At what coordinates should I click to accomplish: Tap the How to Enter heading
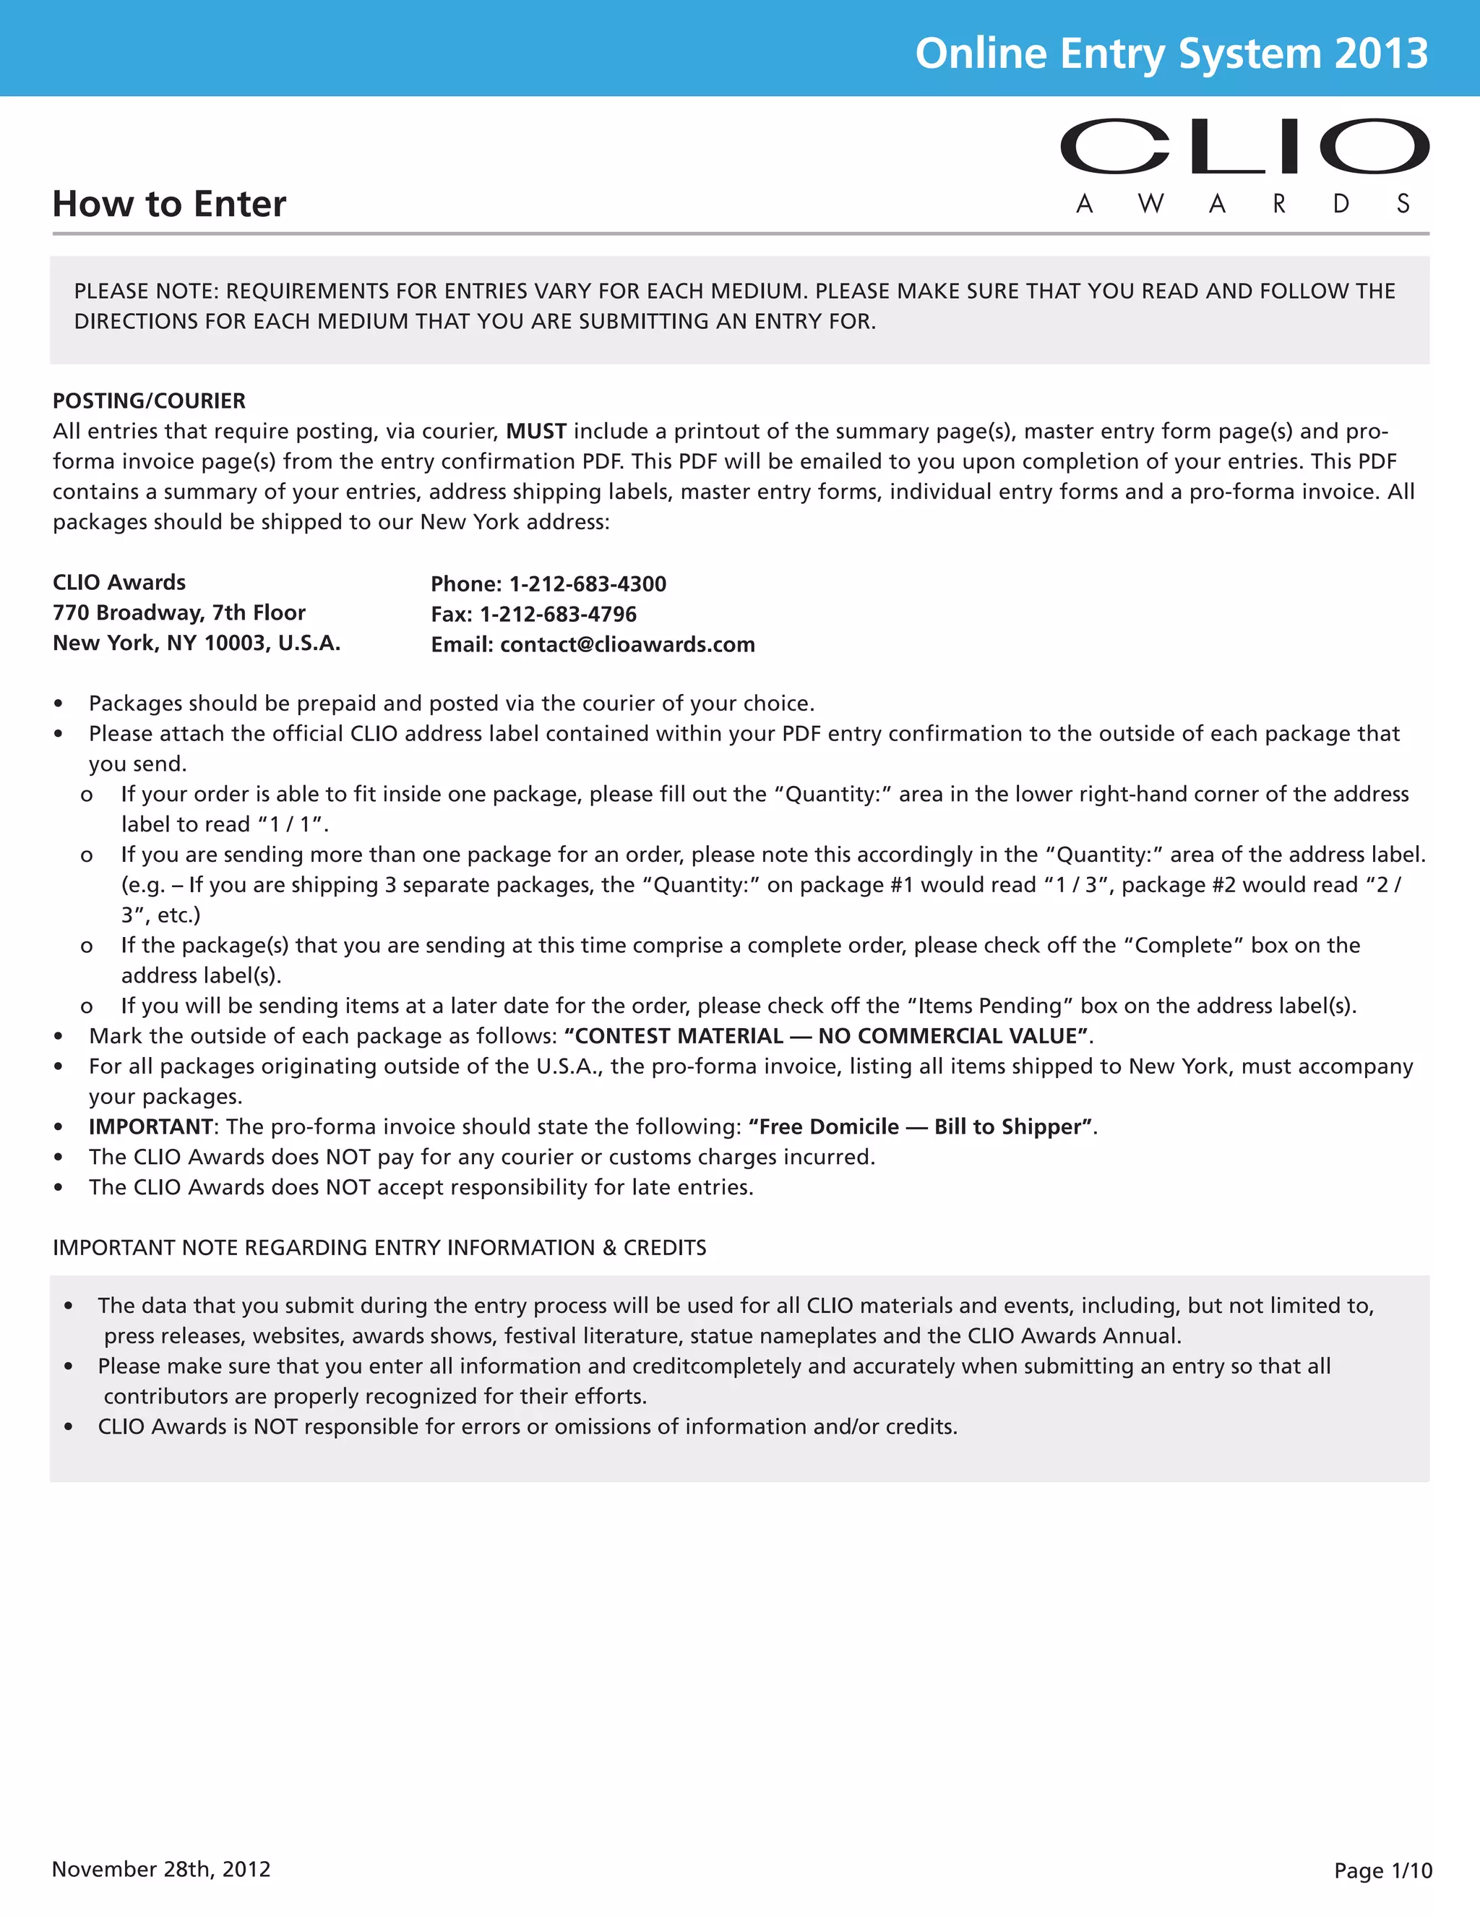pyautogui.click(x=169, y=204)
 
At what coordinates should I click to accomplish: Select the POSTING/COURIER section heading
pyautogui.click(x=149, y=401)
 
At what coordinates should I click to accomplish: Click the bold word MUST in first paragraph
pyautogui.click(x=535, y=432)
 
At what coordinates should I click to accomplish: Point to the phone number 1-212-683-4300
pyautogui.click(x=588, y=584)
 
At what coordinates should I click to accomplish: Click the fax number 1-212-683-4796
pyautogui.click(x=558, y=614)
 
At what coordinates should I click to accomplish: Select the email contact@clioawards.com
pyautogui.click(x=627, y=645)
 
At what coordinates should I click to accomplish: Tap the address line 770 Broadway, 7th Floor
pyautogui.click(x=179, y=612)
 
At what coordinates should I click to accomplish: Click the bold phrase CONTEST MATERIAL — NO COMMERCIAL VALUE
pyautogui.click(x=826, y=1036)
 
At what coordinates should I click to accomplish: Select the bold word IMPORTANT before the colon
pyautogui.click(x=150, y=1126)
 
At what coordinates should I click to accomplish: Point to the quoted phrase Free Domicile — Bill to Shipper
pyautogui.click(x=921, y=1126)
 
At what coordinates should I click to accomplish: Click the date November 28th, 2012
pyautogui.click(x=161, y=1868)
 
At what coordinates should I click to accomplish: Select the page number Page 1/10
pyautogui.click(x=1382, y=1870)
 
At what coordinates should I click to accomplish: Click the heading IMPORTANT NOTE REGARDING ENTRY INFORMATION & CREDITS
pyautogui.click(x=379, y=1247)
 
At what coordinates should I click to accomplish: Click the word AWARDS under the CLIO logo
pyautogui.click(x=1243, y=205)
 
